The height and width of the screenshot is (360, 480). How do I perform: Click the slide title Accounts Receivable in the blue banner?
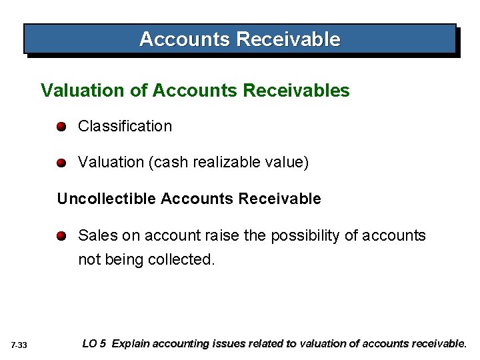239,39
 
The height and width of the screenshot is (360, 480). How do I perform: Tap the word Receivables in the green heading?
306,90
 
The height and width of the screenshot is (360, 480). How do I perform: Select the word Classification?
125,126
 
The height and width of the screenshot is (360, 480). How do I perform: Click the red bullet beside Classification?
61,127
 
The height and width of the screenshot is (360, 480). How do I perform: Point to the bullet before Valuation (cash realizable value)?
61,163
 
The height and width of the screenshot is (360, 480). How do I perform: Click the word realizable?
225,163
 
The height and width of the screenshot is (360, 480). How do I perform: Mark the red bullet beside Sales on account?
61,235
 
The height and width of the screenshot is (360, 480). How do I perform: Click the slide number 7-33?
19,345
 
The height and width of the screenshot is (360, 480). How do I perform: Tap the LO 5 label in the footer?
94,344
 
